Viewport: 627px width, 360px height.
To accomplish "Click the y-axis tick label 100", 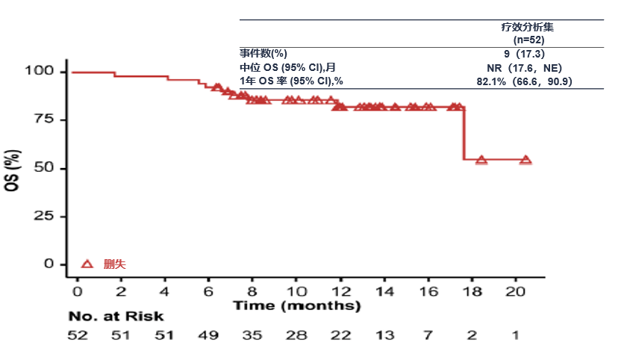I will (39, 72).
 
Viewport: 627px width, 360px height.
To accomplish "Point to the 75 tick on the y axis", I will (43, 120).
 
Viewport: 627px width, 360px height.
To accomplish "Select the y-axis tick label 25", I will (43, 217).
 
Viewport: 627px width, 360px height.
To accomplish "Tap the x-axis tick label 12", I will (340, 290).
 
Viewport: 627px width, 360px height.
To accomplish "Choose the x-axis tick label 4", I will (165, 290).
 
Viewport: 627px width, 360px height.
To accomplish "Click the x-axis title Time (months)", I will (296, 305).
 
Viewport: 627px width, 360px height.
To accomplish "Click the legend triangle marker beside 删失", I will (87, 264).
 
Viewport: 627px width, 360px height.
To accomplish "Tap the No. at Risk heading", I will (116, 316).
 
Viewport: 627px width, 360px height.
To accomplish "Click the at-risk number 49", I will (209, 336).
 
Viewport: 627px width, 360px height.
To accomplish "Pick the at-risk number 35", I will (253, 336).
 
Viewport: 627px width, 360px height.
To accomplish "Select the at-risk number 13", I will (384, 336).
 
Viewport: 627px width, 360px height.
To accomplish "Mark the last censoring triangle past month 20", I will (525, 160).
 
